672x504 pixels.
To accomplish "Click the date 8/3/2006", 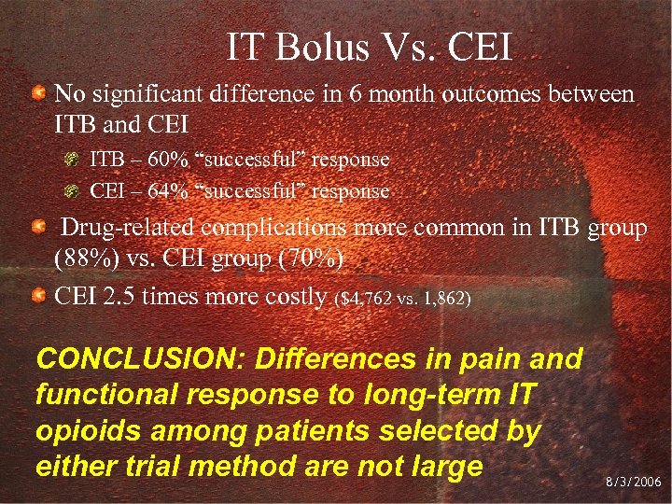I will pos(634,483).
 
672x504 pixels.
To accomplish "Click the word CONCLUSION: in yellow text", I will pos(137,358).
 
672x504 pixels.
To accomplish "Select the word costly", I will pos(297,297).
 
